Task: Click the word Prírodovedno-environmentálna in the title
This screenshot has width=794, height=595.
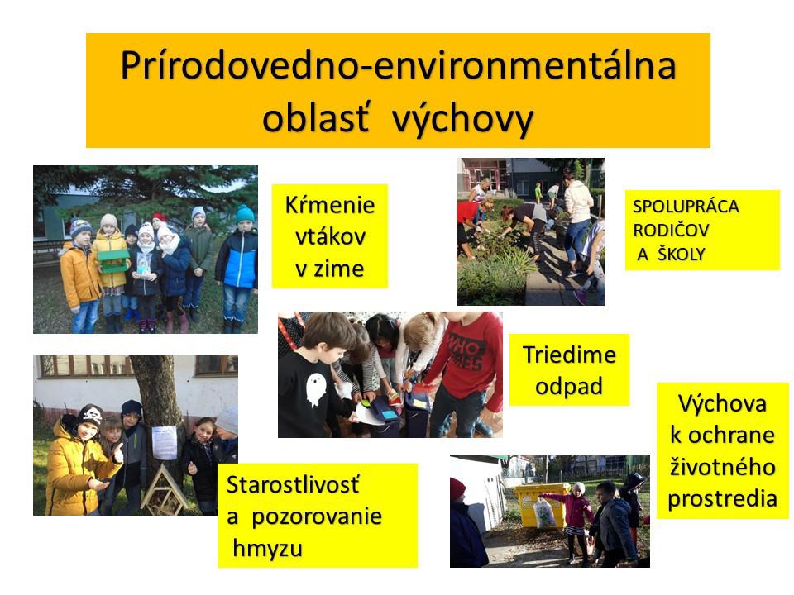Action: [x=399, y=66]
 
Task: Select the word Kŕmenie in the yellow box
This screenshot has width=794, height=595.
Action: [x=330, y=206]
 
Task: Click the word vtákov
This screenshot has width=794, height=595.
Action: [x=330, y=237]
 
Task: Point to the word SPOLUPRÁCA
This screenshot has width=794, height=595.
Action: [x=686, y=207]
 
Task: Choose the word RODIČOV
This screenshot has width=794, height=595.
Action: [x=671, y=231]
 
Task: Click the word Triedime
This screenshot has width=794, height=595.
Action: [x=569, y=355]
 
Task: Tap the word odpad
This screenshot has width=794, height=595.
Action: [x=569, y=387]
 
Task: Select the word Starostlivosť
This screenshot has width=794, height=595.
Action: [x=293, y=485]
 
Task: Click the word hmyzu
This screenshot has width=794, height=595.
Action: [x=267, y=549]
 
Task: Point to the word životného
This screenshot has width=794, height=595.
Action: [x=723, y=467]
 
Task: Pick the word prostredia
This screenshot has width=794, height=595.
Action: [x=723, y=499]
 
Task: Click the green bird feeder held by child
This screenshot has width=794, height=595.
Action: [x=114, y=261]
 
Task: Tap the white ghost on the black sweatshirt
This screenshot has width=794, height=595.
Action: [x=315, y=389]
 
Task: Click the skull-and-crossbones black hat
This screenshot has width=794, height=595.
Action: [x=90, y=415]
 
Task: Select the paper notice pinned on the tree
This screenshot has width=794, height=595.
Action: [x=164, y=442]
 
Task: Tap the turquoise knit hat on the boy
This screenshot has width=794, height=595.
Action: [x=246, y=214]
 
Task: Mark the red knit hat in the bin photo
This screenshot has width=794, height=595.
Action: [x=457, y=489]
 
